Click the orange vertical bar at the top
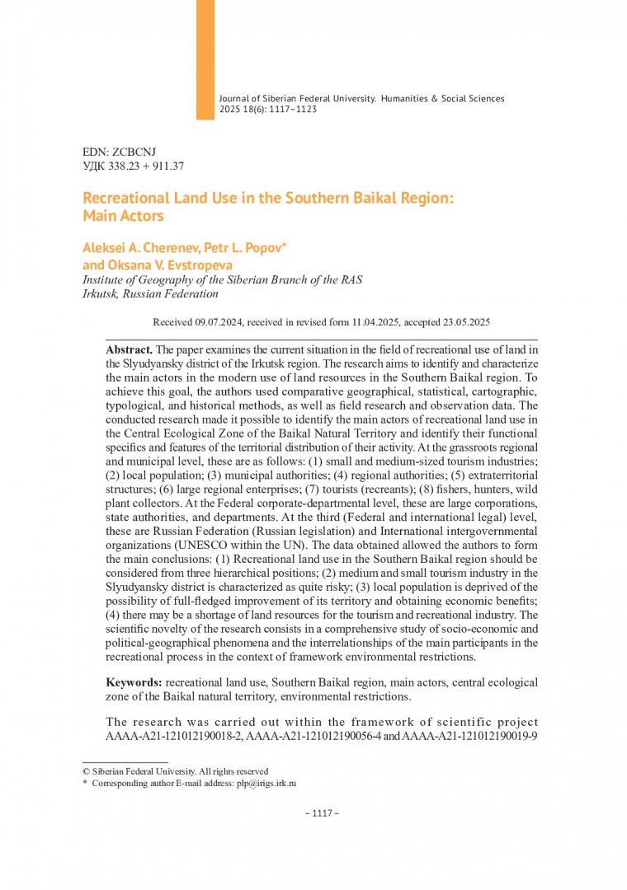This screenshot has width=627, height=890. pyautogui.click(x=205, y=59)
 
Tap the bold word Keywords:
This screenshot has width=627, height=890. pyautogui.click(x=134, y=682)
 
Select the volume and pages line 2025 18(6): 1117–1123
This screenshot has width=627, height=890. pyautogui.click(x=268, y=109)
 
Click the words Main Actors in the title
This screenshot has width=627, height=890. pyautogui.click(x=124, y=217)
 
